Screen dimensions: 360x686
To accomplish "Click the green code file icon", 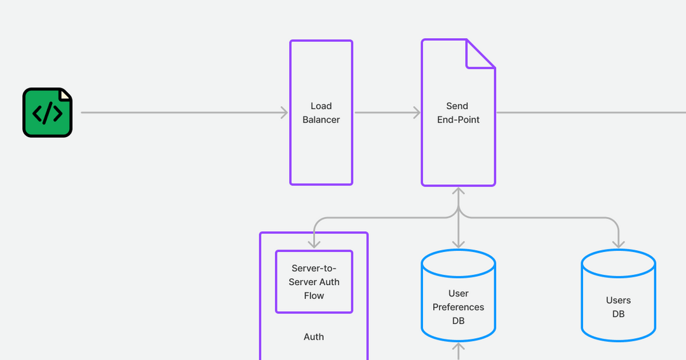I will pyautogui.click(x=48, y=112).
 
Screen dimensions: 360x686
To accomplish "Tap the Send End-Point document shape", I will pyautogui.click(x=457, y=152).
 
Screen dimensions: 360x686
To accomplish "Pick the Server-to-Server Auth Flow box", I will pyautogui.click(x=313, y=282).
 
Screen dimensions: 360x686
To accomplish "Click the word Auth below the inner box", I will pyautogui.click(x=313, y=337).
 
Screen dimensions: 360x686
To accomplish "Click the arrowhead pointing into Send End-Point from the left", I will pyautogui.click(x=417, y=113).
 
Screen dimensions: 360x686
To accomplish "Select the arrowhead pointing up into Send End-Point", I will pyautogui.click(x=458, y=190).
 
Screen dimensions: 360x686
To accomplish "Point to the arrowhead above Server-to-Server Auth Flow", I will pyautogui.click(x=313, y=244).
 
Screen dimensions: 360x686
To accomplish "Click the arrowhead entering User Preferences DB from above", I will pyautogui.click(x=458, y=244).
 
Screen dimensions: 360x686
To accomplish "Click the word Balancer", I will pyautogui.click(x=321, y=120).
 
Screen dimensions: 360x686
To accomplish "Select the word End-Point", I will pyautogui.click(x=458, y=120).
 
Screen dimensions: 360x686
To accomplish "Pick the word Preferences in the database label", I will pyautogui.click(x=458, y=307).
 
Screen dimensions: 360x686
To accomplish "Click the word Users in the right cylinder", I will pyautogui.click(x=618, y=300).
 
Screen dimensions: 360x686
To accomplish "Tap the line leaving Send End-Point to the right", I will pyautogui.click(x=591, y=113).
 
